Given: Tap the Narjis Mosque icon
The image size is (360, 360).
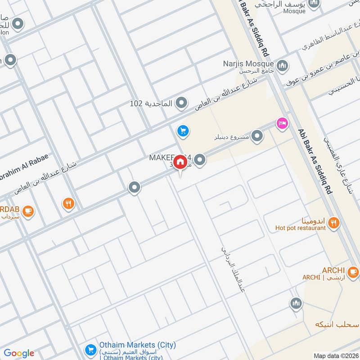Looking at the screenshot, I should coord(282,66).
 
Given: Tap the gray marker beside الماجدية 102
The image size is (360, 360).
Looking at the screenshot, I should coord(181,103).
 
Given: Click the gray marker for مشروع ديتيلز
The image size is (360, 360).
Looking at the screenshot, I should coord(257,135).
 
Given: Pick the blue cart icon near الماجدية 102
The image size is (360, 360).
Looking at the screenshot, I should coord(182,131).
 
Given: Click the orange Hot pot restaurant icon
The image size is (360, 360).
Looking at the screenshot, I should coord(333,222).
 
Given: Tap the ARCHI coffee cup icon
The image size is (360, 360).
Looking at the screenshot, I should coord(353,271).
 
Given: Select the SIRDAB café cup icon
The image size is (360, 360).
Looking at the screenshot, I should coord(28,211).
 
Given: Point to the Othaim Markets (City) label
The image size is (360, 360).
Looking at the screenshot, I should coord(138,345).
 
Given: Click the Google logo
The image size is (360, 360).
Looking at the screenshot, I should coord(19,353).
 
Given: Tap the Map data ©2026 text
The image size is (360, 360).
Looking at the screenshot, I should coord(335,355).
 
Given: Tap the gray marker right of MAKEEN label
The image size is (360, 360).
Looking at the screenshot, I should coord(200,159).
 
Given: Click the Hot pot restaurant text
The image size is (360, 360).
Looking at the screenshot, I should coord(300,228).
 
